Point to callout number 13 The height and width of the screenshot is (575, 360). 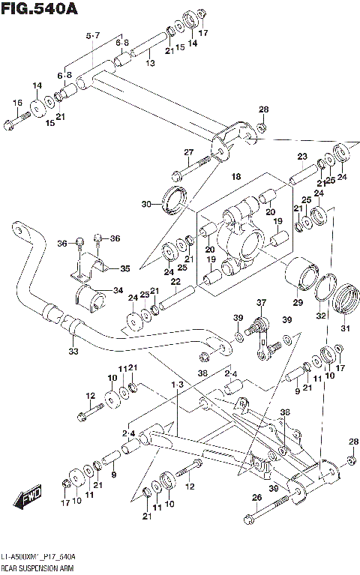[150, 63]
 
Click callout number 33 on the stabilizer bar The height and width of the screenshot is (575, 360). [72, 351]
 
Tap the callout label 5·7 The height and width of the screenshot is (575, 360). [92, 35]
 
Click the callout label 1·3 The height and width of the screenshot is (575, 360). [177, 385]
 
